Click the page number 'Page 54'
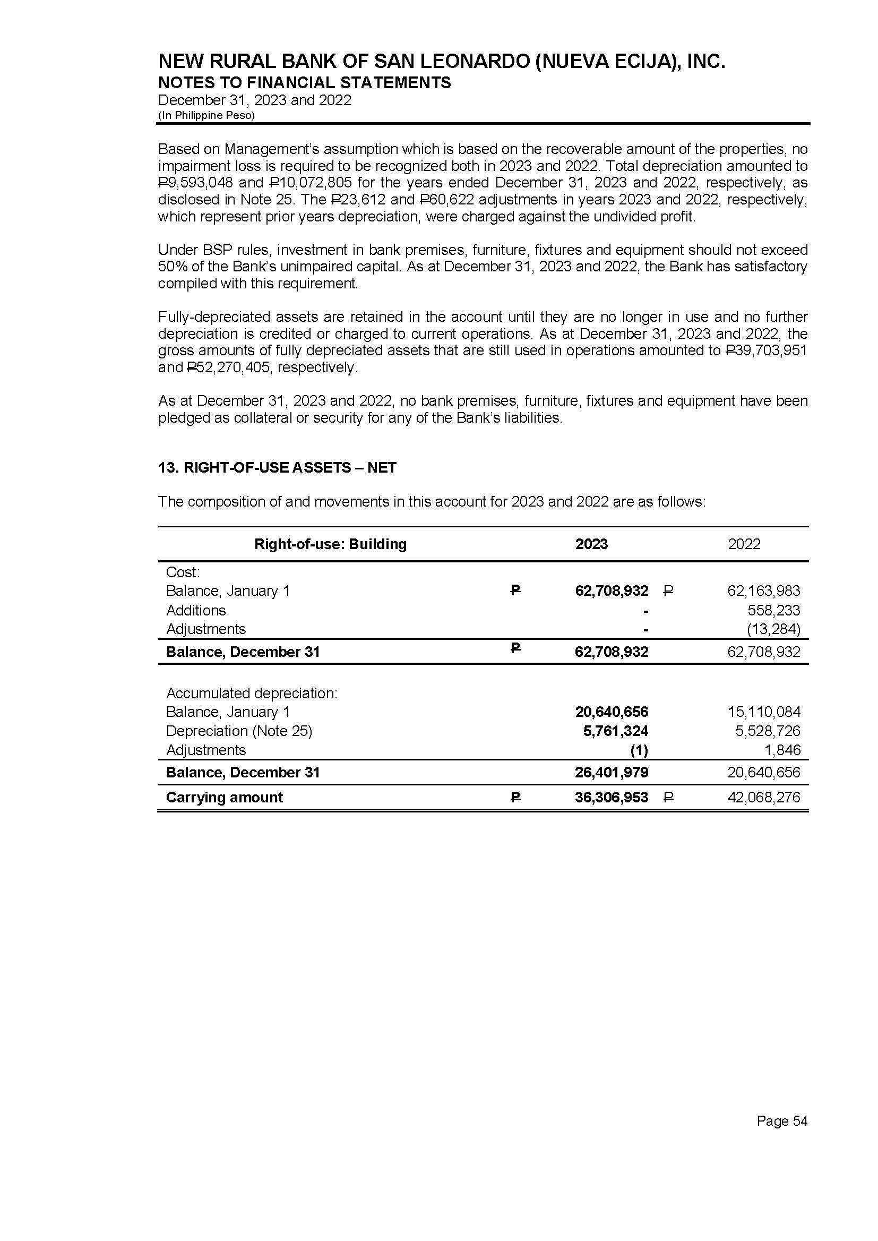pos(782,1121)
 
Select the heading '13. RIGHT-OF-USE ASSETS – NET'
pos(277,468)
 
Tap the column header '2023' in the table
pos(591,544)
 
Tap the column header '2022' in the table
pos(744,544)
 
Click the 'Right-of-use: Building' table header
pos(330,544)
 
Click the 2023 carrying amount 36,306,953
pos(612,798)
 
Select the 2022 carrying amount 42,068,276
pos(763,798)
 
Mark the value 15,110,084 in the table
pos(763,712)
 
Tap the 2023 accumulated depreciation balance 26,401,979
pos(612,772)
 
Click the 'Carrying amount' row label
pos(225,798)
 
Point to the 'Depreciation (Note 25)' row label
pos(239,731)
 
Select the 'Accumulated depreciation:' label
pos(252,693)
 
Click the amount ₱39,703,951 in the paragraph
pos(765,350)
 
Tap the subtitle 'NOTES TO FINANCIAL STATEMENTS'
pos(304,83)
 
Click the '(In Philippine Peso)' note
pos(206,115)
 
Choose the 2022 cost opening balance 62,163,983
pos(763,591)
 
